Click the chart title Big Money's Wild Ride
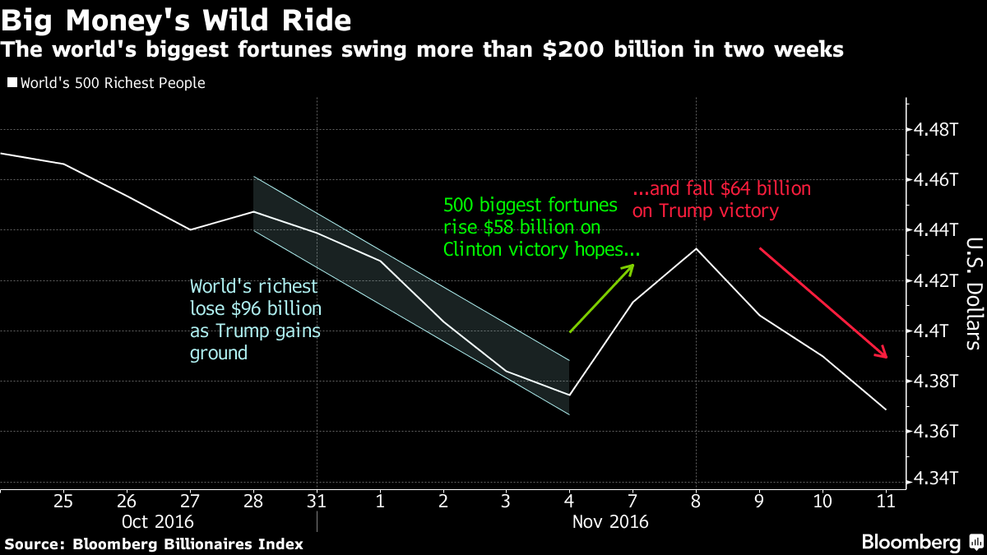coord(176,19)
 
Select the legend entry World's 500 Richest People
coord(107,83)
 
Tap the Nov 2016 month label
coord(610,522)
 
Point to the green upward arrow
coord(603,298)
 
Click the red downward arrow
coord(822,303)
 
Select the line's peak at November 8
coord(697,248)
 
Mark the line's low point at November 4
coord(569,395)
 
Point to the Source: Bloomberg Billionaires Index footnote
coord(155,543)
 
